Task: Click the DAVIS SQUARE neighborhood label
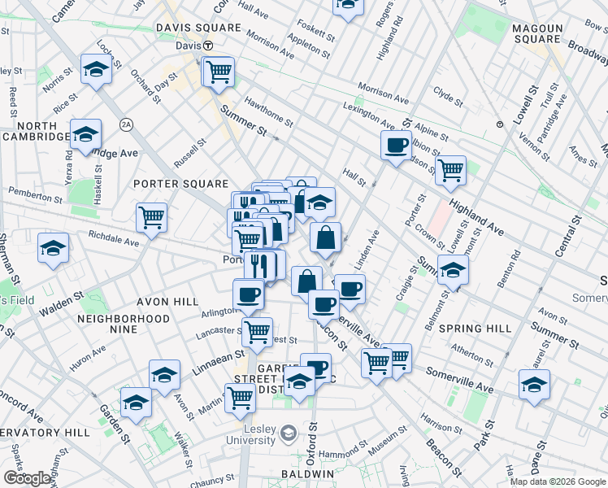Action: click(x=199, y=28)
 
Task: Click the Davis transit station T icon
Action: click(x=208, y=46)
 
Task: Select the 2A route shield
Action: click(x=125, y=124)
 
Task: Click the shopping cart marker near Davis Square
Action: click(x=219, y=72)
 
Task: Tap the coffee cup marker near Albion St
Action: click(x=396, y=145)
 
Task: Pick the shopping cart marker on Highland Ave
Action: click(x=450, y=170)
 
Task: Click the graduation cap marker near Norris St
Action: click(x=96, y=69)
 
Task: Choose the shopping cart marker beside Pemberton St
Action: click(x=151, y=216)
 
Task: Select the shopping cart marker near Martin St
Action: click(x=240, y=398)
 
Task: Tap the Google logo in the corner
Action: click(x=27, y=478)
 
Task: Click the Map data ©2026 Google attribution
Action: click(x=557, y=481)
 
